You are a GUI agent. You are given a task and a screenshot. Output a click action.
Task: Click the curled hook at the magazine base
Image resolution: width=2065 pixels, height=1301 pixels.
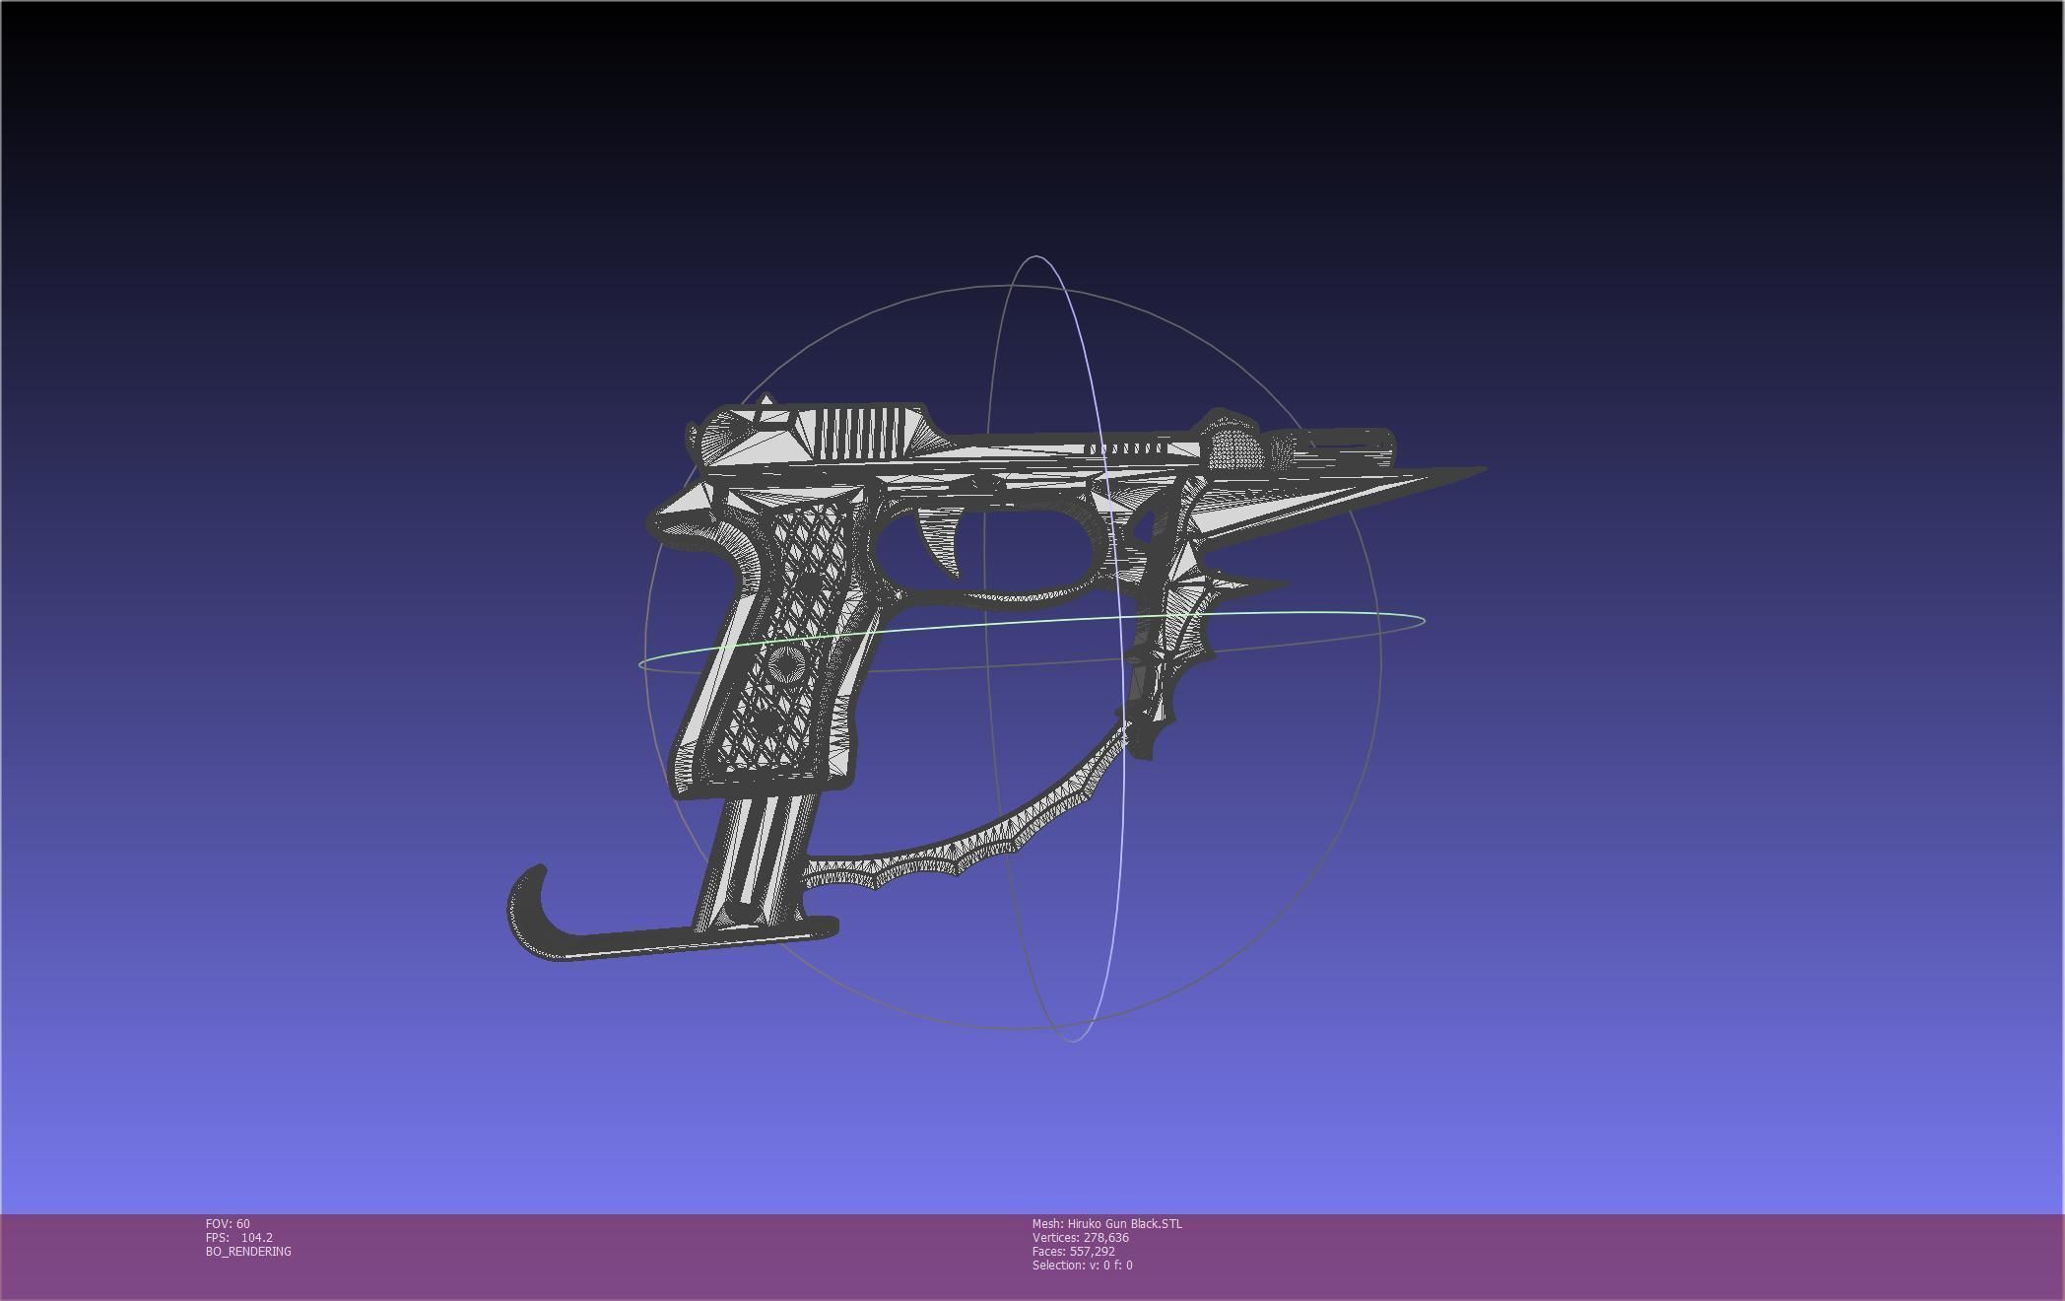[527, 902]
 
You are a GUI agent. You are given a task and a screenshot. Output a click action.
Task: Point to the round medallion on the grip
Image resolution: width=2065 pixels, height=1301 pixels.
[784, 663]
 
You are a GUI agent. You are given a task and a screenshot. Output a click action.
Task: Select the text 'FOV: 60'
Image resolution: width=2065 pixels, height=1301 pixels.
[228, 1224]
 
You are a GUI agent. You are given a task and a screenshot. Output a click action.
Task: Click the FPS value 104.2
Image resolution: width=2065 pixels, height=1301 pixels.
[256, 1238]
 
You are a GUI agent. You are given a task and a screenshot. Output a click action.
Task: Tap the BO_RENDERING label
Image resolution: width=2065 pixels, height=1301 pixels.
[248, 1252]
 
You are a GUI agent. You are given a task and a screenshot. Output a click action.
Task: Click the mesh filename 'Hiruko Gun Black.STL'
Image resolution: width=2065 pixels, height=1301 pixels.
[1124, 1224]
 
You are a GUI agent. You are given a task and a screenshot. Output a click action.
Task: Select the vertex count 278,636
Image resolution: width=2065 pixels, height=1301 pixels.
[1104, 1238]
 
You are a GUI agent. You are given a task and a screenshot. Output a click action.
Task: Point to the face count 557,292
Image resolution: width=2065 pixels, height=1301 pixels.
[1092, 1252]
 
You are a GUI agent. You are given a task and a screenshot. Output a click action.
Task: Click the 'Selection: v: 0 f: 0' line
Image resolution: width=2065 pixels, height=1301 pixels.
[1082, 1266]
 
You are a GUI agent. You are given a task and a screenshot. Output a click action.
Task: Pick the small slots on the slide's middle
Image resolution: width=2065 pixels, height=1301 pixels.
[1128, 449]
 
